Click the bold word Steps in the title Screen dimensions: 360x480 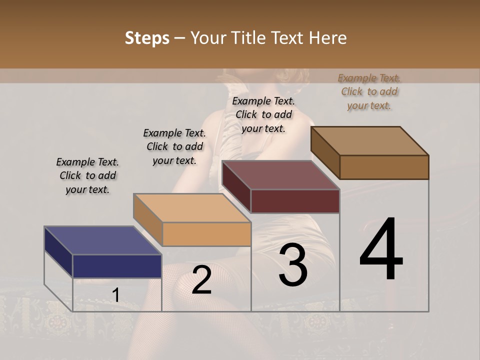(x=147, y=38)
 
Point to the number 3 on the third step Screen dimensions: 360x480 (x=293, y=265)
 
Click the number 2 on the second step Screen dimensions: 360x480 (x=201, y=280)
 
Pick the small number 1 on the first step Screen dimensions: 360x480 (x=115, y=295)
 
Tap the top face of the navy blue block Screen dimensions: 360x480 (x=102, y=240)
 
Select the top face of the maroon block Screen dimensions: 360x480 (x=280, y=175)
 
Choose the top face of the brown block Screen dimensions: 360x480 (x=369, y=141)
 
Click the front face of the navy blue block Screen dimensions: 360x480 (x=117, y=266)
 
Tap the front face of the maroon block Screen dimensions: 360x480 (x=295, y=201)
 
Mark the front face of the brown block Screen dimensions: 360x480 (x=384, y=167)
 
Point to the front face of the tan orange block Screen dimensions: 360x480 (x=206, y=234)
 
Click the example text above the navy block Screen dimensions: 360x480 (x=87, y=175)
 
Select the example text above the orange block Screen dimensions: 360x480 (x=174, y=146)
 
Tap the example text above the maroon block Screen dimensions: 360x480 (x=263, y=114)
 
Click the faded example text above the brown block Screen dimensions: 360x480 (x=369, y=91)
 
